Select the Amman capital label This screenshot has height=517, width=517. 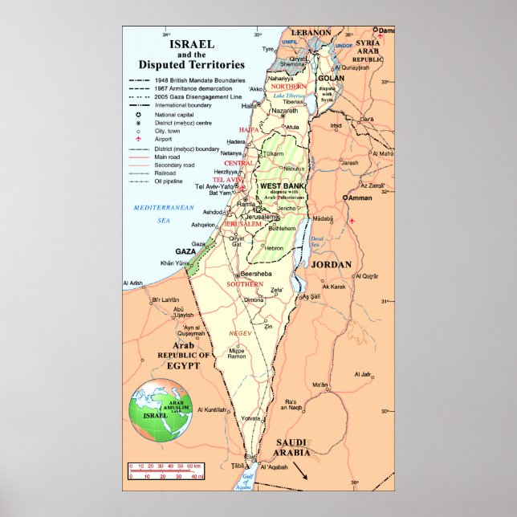click(x=360, y=197)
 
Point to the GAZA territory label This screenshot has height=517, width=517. click(x=186, y=251)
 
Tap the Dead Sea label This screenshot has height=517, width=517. click(x=316, y=240)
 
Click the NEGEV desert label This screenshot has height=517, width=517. click(x=241, y=332)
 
